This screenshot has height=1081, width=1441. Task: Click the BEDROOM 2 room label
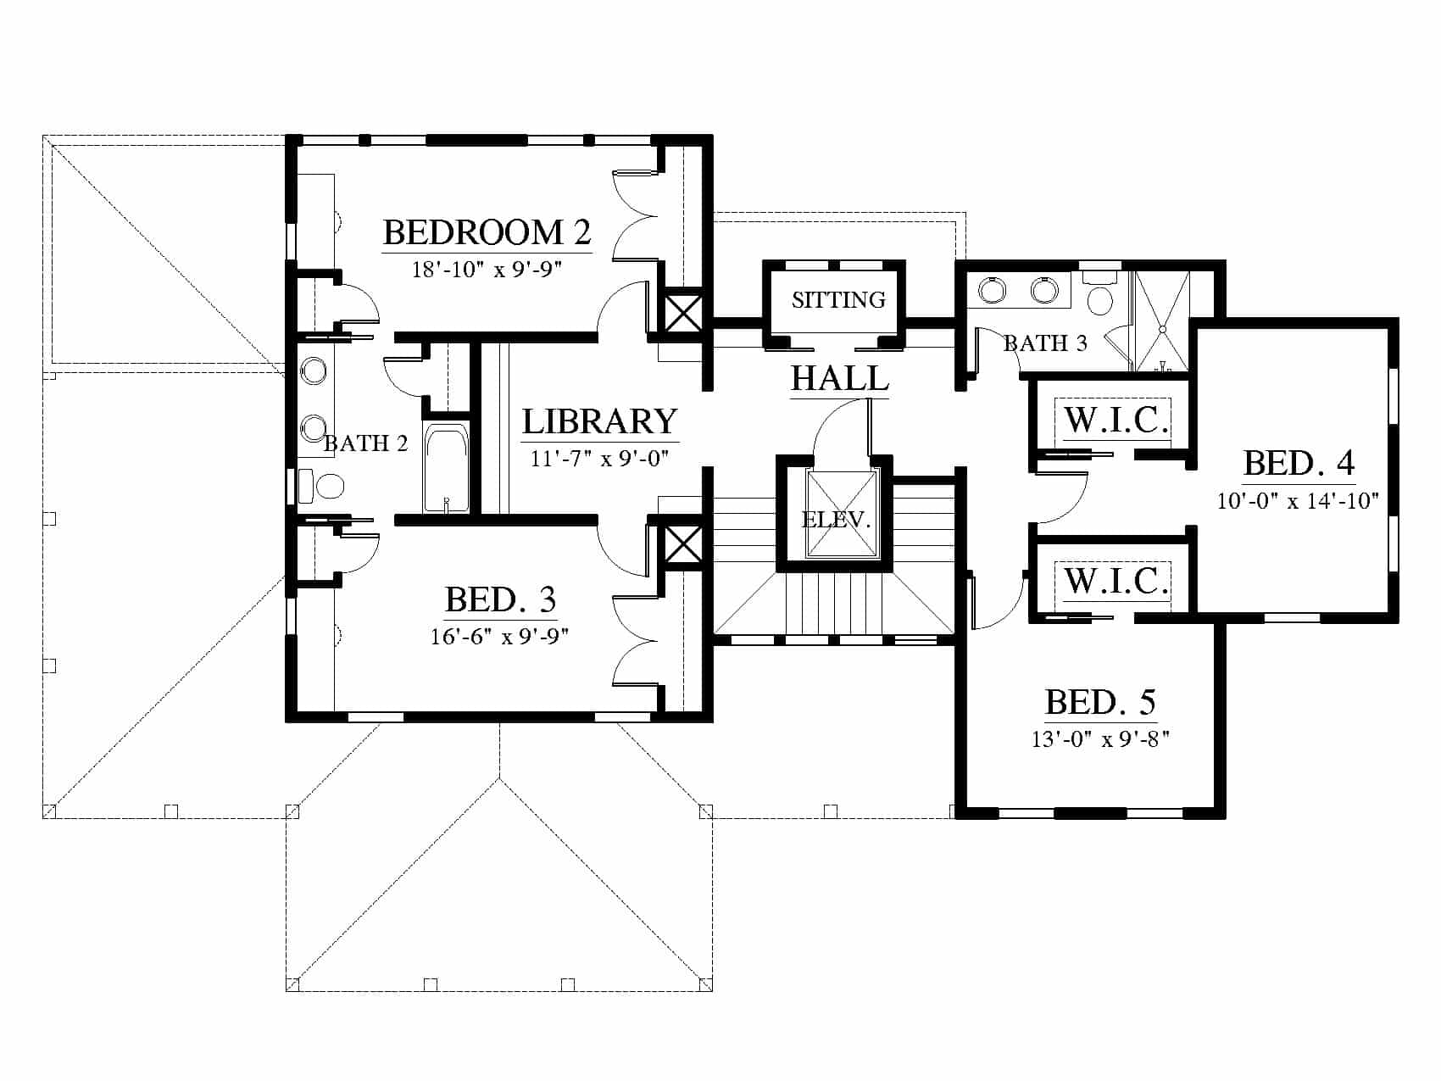pos(487,232)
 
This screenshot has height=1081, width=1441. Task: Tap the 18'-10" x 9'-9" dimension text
pos(487,270)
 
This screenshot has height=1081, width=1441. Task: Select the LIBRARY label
pos(599,421)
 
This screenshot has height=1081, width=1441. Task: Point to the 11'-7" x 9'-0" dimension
pos(600,459)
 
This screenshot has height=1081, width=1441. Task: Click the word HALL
pos(840,378)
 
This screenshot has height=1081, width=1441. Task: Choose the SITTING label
pos(838,300)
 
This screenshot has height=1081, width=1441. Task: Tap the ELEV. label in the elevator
pos(837,520)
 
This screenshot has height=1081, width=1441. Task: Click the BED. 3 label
pos(500,600)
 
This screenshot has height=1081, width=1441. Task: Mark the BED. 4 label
pos(1299,464)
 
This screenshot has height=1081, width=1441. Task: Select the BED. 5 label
pos(1100,702)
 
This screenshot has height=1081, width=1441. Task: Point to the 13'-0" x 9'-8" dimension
pos(1100,739)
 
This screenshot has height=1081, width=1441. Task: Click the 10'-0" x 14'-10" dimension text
pos(1299,501)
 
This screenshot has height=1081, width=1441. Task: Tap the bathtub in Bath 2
pos(446,468)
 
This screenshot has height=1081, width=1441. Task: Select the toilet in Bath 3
pos(1101,295)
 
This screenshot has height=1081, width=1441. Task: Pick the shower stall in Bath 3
pos(1162,321)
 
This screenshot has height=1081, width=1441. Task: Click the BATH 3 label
pos(1045,343)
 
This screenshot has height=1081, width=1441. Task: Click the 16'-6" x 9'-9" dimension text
pos(499,637)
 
